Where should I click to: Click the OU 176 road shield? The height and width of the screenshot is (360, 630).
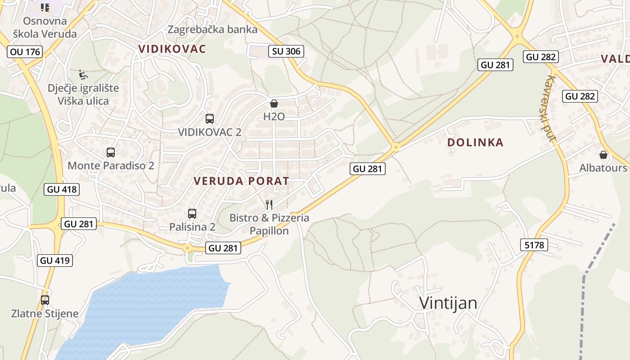25,52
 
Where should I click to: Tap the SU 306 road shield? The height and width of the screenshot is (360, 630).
286,51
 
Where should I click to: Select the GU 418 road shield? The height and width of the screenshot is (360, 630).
62,189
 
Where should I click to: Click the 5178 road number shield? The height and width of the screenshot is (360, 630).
534,245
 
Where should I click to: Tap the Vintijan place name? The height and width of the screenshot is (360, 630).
448,303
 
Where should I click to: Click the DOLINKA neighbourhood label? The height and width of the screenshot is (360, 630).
475,143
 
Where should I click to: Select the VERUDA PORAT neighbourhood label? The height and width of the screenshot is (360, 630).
241,181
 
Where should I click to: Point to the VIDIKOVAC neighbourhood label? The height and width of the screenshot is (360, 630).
172,49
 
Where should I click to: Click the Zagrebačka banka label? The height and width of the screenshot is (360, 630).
212,30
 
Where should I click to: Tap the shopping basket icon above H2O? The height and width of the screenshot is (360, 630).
274,104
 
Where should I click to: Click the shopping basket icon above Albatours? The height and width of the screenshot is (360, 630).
603,155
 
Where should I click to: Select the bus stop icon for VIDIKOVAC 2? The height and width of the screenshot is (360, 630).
209,119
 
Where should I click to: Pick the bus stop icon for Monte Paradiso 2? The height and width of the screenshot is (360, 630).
111,153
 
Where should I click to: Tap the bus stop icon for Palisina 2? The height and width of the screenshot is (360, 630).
192,214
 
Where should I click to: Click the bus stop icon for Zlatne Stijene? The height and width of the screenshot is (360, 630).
45,300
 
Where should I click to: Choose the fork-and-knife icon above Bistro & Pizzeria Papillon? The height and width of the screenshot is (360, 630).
269,205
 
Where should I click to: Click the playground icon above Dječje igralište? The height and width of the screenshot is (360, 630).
83,74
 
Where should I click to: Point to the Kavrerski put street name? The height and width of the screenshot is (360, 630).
549,108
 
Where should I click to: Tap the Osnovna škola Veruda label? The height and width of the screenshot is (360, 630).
45,27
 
